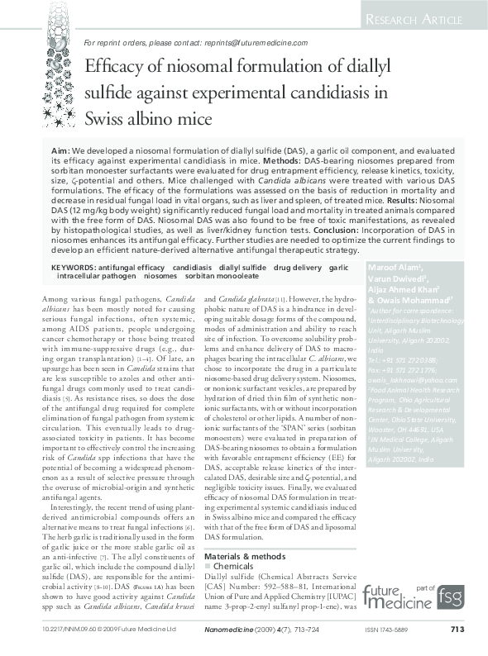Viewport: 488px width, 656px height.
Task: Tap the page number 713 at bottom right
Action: point(457,630)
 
